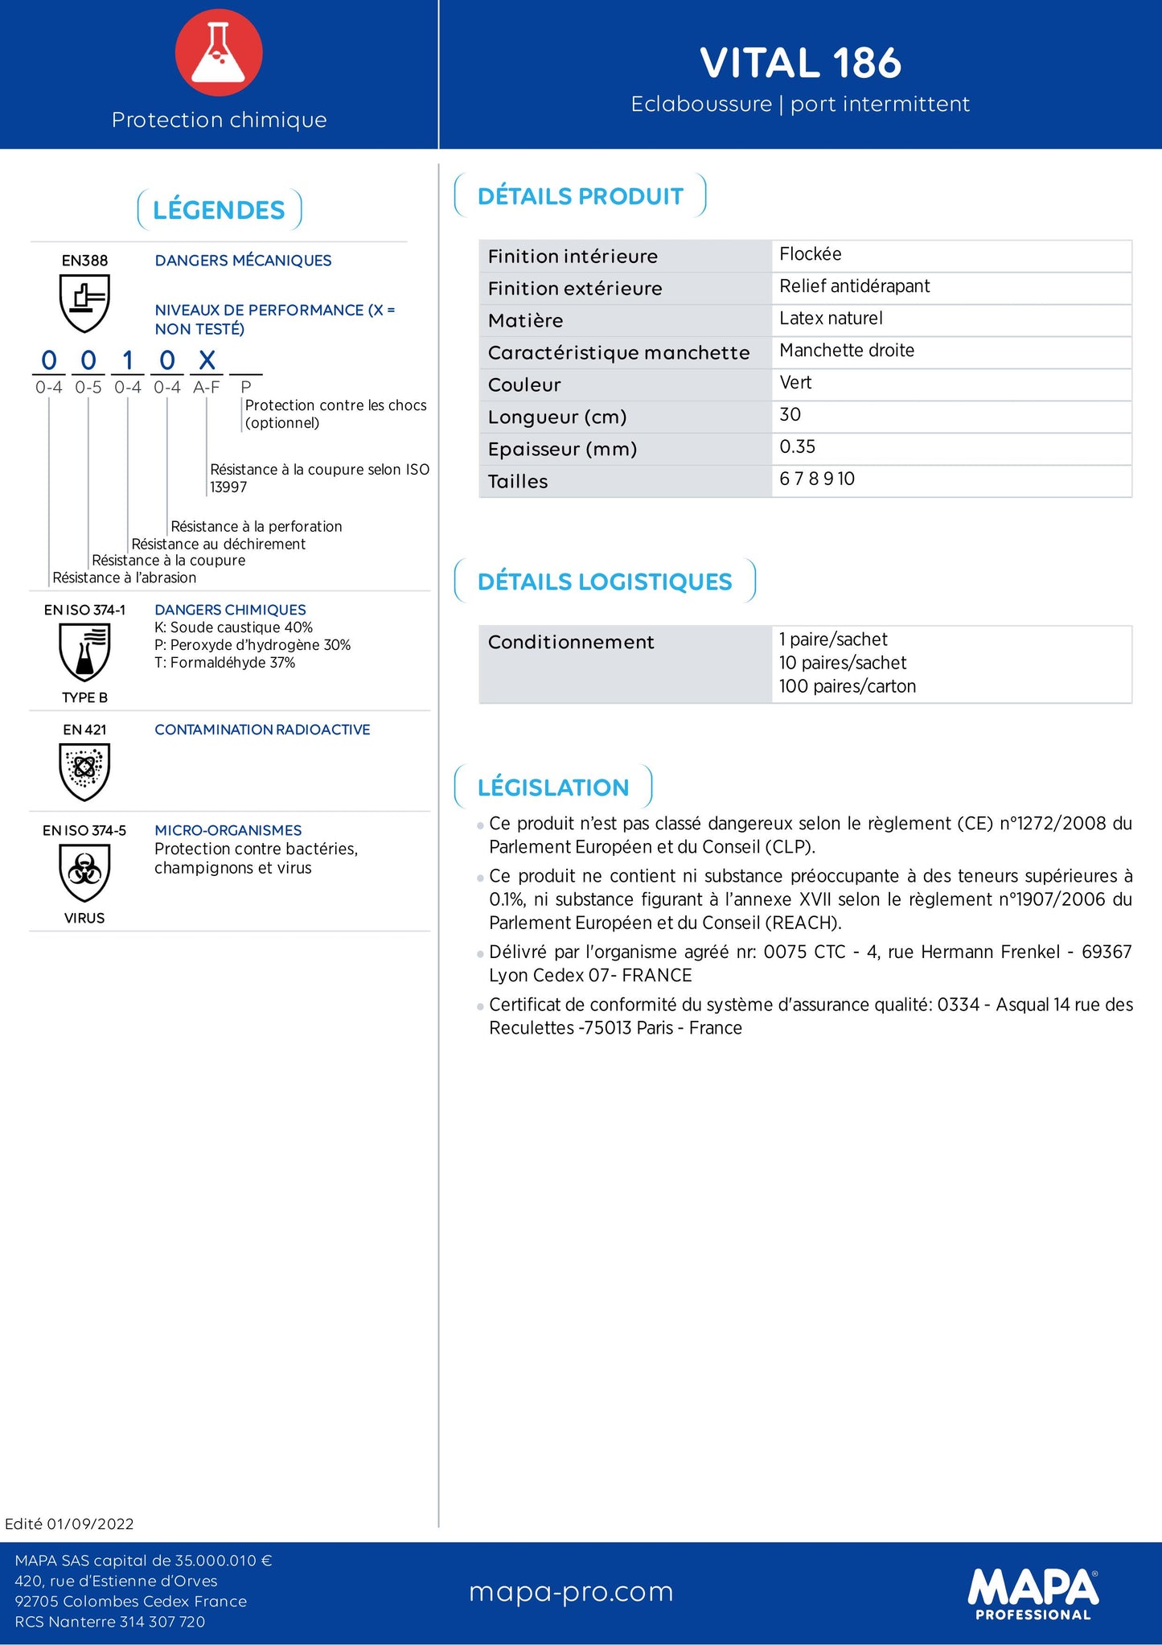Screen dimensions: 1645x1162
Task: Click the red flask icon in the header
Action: [219, 53]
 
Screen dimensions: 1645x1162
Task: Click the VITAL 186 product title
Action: [800, 63]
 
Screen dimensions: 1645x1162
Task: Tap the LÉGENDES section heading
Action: [219, 210]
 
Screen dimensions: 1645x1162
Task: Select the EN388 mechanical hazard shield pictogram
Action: [84, 302]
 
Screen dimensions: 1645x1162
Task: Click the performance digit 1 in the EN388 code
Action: [128, 360]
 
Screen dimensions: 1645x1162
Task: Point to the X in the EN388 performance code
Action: [207, 360]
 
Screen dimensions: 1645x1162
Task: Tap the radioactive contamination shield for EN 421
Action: [84, 771]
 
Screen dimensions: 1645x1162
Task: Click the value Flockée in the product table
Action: [811, 254]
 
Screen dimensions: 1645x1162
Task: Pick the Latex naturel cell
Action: [831, 319]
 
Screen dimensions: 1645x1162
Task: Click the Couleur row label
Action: [524, 385]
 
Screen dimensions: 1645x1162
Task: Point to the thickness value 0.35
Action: [797, 447]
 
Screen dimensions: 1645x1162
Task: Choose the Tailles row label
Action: [518, 481]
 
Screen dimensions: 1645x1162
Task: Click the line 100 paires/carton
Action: [848, 686]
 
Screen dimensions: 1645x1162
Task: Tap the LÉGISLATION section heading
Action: [553, 788]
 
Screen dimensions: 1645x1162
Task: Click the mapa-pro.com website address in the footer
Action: [571, 1591]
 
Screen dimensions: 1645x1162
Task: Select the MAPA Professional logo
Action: [1033, 1594]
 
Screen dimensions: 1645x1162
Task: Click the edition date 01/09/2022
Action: [90, 1524]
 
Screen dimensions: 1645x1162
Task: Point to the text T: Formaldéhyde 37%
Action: [225, 663]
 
